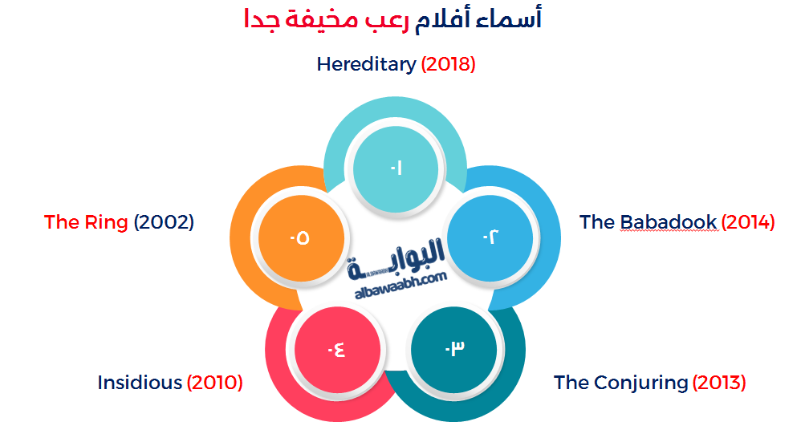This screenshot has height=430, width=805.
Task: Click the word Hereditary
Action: (x=366, y=64)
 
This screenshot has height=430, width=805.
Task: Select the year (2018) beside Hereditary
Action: (x=449, y=64)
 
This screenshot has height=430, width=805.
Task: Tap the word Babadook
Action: (x=669, y=222)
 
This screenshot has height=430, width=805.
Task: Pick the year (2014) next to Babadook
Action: (x=748, y=222)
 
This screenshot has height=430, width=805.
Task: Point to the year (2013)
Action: (x=719, y=383)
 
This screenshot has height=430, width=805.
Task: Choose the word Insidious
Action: (x=140, y=383)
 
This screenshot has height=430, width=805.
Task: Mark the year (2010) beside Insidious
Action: (x=215, y=383)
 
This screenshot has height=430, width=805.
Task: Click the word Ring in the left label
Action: (x=107, y=222)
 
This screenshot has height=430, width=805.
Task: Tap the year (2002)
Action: (x=164, y=222)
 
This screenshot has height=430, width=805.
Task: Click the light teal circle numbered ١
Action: (x=396, y=168)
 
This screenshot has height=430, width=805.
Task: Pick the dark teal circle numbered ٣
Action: (x=454, y=348)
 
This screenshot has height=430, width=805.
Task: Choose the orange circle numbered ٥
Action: (x=299, y=237)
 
